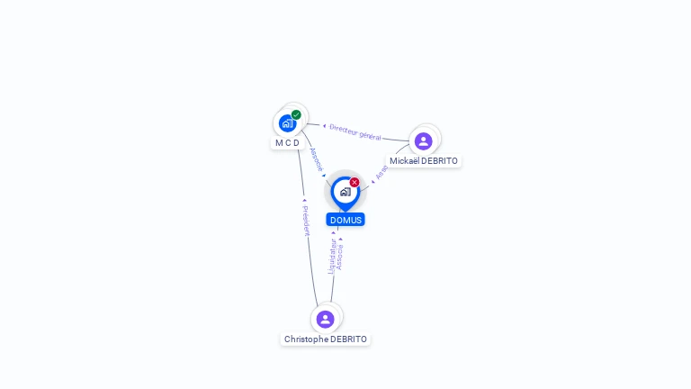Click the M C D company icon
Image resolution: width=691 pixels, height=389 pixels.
click(287, 122)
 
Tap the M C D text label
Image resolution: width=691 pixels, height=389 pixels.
click(287, 143)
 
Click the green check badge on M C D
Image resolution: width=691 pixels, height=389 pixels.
click(296, 114)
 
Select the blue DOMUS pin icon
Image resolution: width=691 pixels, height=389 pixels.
click(345, 192)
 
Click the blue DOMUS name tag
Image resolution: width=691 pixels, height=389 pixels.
click(345, 220)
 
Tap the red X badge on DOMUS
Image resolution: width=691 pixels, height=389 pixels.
click(354, 182)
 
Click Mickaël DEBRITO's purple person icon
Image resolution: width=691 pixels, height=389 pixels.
click(424, 140)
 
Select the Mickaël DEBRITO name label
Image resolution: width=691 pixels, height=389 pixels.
click(424, 161)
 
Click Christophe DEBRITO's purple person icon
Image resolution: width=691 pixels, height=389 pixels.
click(326, 319)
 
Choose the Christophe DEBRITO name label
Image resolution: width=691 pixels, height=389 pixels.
click(326, 339)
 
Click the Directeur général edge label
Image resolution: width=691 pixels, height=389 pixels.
click(355, 132)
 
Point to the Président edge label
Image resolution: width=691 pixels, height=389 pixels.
click(306, 220)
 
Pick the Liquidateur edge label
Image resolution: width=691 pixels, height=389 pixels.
click(331, 255)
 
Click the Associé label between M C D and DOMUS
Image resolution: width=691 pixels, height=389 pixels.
click(316, 159)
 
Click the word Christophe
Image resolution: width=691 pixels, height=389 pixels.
click(306, 339)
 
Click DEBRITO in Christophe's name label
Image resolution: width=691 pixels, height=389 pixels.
click(349, 339)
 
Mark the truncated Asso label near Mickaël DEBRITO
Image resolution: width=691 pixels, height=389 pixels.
click(381, 172)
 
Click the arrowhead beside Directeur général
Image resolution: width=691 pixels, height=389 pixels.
click(324, 126)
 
